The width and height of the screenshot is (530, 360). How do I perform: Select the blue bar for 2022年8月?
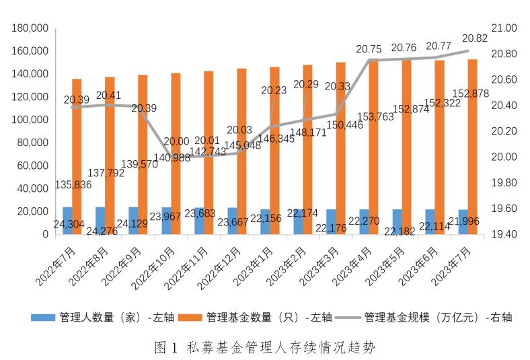[100, 220]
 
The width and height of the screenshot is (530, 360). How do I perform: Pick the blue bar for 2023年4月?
[364, 222]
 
